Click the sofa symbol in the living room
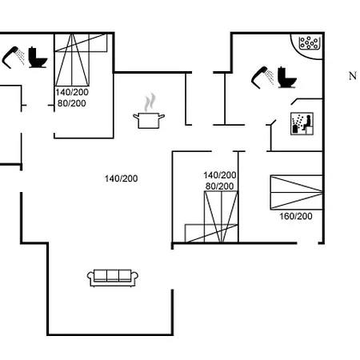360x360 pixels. coord(113,278)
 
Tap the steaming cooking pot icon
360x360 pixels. coord(149,111)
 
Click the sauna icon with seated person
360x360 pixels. coord(302,124)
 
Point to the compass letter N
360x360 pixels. coord(353,76)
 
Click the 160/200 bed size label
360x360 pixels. coord(296,216)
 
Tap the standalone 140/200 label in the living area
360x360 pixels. coord(122,178)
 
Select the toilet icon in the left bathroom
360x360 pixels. coord(38,58)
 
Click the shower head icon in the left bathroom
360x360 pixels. coord(13,58)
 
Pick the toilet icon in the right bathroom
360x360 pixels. coord(287,77)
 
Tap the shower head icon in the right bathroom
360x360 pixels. coord(262,78)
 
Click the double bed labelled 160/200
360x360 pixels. coord(296,192)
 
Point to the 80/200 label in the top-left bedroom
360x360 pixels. coord(72,103)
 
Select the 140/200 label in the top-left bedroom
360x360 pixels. coord(72,92)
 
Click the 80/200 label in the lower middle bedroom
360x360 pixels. coord(219,186)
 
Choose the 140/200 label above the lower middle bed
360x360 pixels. coord(220,175)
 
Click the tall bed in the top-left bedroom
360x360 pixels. coord(72,60)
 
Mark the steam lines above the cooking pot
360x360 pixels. coord(150,102)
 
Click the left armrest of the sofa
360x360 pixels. coord(90,278)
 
